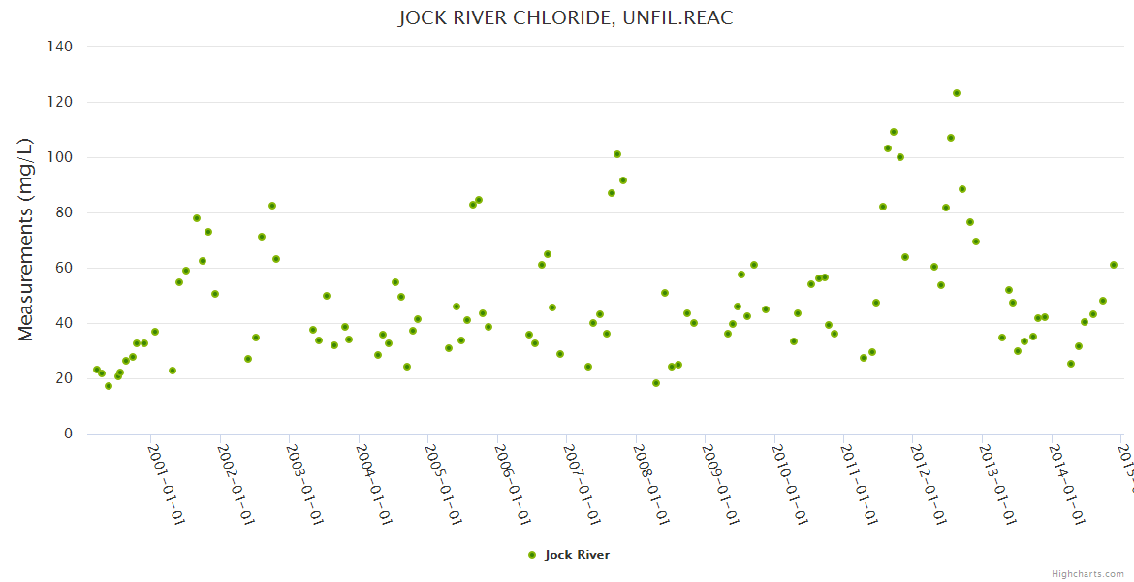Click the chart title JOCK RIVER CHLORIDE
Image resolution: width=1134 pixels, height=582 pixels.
[566, 18]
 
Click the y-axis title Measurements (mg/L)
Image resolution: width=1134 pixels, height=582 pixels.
[26, 240]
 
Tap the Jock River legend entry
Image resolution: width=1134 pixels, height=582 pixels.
[569, 555]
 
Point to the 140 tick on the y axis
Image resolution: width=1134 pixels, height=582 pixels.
[60, 47]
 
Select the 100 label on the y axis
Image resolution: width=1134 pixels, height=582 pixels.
[60, 157]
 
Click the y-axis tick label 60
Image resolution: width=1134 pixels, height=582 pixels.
[64, 268]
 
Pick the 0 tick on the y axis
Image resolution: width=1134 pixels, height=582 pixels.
[68, 434]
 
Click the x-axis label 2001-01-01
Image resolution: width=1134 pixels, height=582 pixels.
[166, 485]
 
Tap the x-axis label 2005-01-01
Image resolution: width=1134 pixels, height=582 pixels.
[443, 485]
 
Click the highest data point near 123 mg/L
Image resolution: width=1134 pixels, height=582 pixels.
[957, 93]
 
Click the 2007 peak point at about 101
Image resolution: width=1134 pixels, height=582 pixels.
[617, 154]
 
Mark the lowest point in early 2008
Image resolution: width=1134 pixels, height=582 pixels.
[656, 383]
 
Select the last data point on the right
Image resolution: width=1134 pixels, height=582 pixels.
[1114, 265]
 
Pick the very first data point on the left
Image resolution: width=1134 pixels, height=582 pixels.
[97, 370]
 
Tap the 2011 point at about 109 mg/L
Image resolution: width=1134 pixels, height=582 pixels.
[894, 132]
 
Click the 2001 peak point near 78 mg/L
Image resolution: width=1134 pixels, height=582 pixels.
[197, 218]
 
